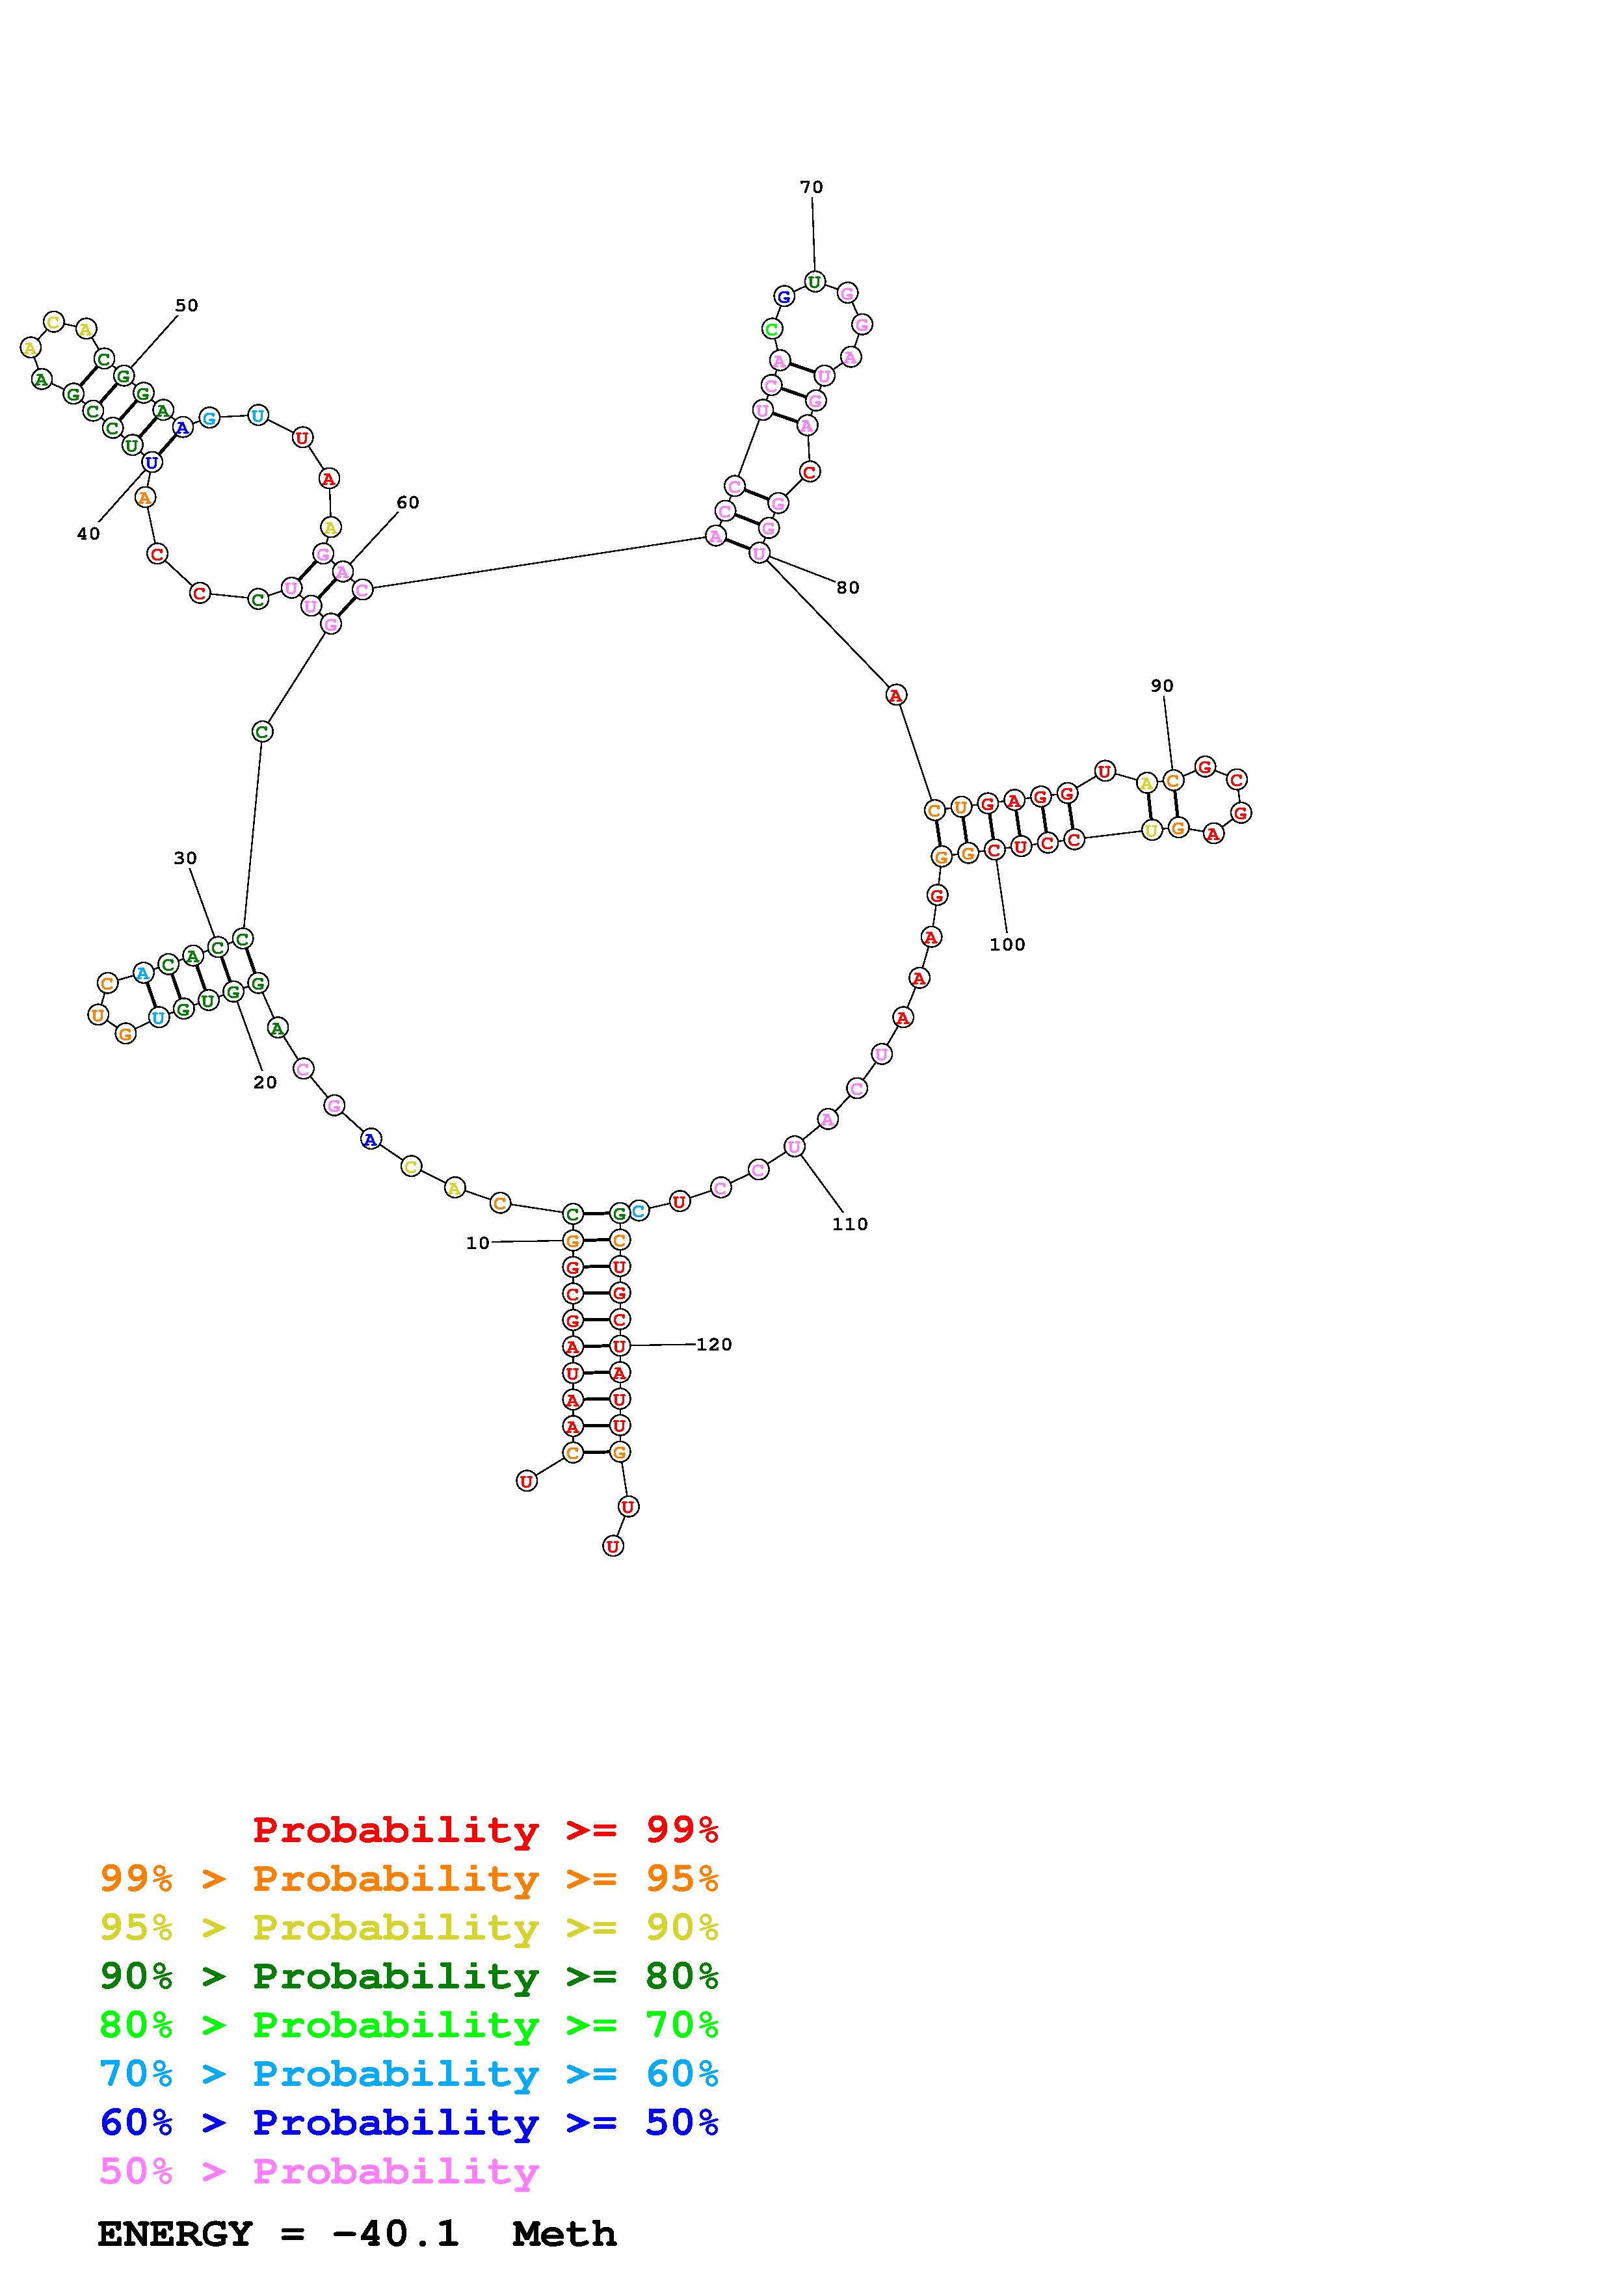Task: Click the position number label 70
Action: point(812,187)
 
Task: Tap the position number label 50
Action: point(187,305)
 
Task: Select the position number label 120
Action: point(714,1344)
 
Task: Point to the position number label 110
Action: point(850,1224)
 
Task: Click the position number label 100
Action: point(1007,943)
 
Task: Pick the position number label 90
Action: point(1162,685)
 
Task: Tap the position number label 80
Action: point(847,587)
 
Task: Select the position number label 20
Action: point(265,1082)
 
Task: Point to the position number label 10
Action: point(478,1243)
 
